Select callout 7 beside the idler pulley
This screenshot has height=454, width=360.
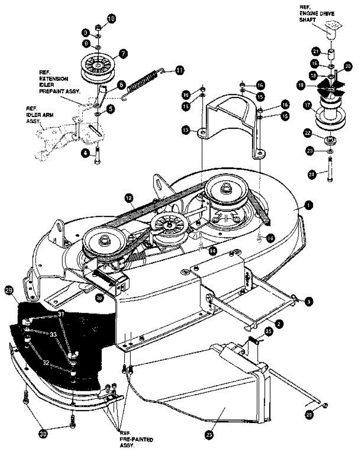(x=123, y=54)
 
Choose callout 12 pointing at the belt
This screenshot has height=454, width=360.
(x=129, y=197)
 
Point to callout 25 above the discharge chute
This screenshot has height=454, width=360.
(x=269, y=331)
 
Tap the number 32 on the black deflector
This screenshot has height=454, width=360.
(x=46, y=362)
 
